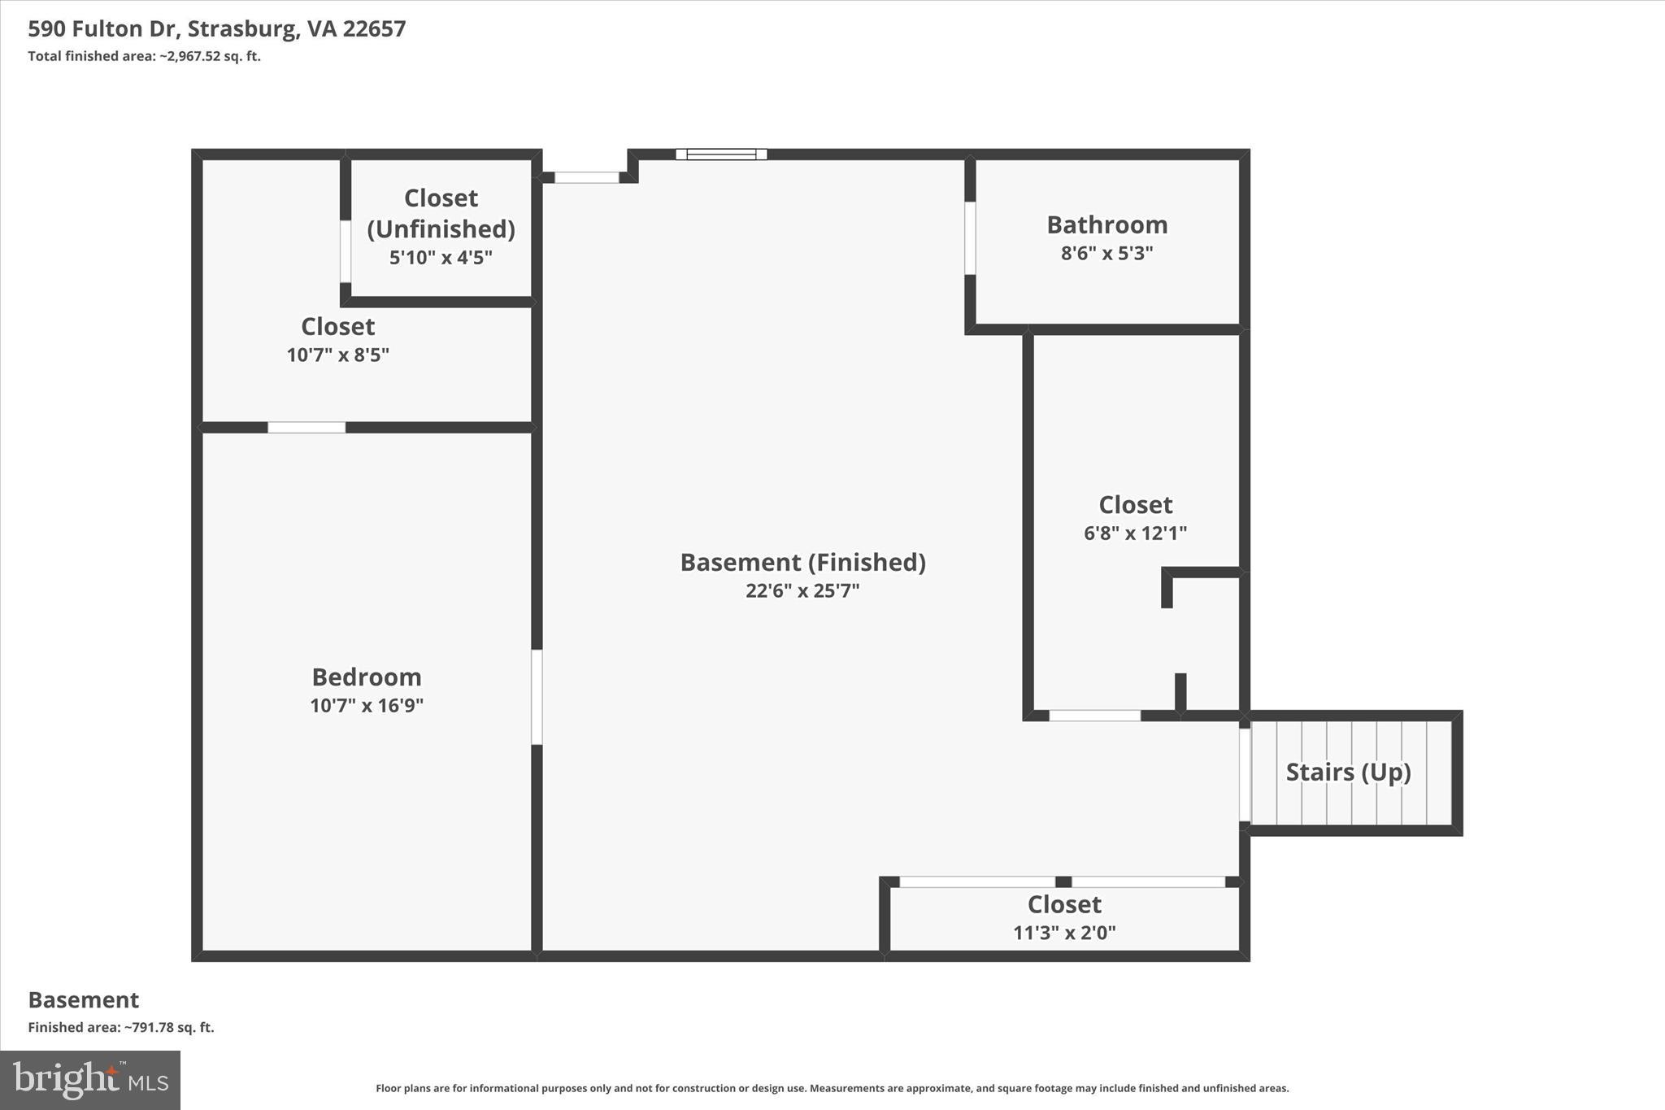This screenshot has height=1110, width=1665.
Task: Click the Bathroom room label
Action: pos(1106,224)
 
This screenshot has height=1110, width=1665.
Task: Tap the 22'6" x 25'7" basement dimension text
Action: pos(802,590)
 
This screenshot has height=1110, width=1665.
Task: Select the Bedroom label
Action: pos(367,677)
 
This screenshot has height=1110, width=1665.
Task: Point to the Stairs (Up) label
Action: pos(1348,771)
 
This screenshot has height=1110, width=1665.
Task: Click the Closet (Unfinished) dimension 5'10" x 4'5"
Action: pos(441,258)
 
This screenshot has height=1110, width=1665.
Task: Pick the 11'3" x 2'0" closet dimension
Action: pos(1064,933)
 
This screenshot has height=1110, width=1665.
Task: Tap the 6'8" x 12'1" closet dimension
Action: pos(1135,533)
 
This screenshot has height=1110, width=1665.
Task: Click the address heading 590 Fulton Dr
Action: pos(216,28)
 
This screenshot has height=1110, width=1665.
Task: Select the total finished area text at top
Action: pos(144,56)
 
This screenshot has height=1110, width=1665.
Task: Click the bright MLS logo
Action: pos(90,1080)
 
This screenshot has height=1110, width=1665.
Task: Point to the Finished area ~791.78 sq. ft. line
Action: pos(121,1027)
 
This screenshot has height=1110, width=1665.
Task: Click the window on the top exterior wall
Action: pos(721,154)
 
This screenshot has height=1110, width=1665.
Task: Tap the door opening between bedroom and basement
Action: pos(537,696)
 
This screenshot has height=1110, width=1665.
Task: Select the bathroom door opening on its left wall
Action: pos(970,237)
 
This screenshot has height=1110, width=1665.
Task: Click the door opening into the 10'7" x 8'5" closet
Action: pos(306,427)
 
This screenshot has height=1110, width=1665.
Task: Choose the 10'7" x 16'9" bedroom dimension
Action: pos(367,705)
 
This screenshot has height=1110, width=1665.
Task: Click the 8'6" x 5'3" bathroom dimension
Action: pos(1106,253)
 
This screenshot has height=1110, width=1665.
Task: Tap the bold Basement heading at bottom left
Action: pos(84,999)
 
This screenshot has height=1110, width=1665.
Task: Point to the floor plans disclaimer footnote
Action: pos(832,1088)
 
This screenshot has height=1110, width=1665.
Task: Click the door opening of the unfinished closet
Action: pos(346,250)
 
